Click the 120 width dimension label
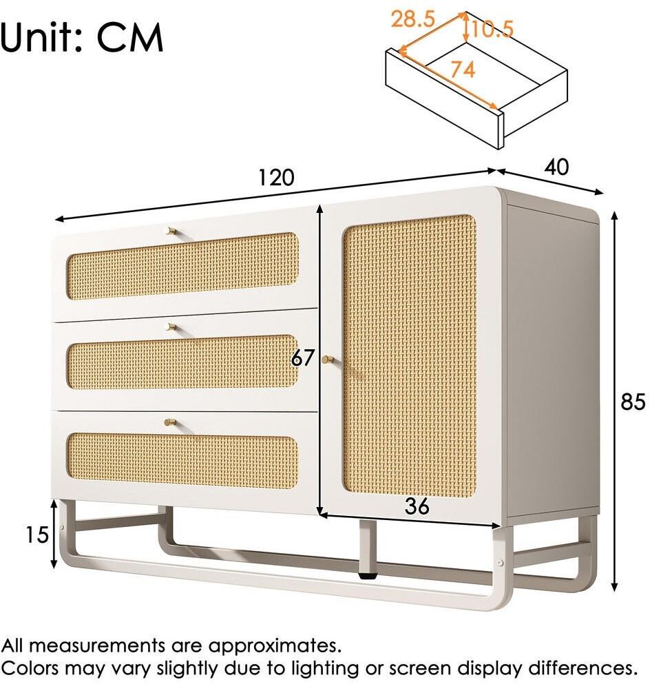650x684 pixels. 276,178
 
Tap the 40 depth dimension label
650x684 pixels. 557,167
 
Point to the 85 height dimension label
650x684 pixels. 633,402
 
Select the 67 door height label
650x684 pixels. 302,358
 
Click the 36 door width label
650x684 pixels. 417,506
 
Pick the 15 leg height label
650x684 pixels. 36,535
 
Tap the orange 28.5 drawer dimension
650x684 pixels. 412,19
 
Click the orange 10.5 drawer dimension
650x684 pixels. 492,29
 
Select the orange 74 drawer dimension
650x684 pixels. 463,70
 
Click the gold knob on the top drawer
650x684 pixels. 171,231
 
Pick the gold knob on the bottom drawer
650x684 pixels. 169,422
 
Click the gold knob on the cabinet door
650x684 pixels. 328,360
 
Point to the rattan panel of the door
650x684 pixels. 410,355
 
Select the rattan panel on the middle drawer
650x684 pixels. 182,362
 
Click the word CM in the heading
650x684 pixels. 130,37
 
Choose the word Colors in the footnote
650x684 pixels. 30,668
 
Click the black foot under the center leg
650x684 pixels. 368,575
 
